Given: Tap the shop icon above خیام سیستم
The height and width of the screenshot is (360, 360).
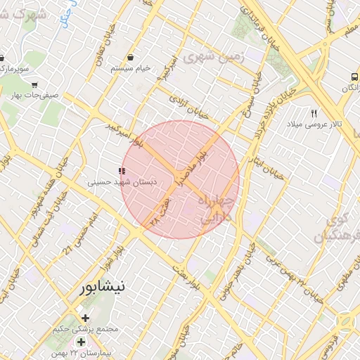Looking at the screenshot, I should tap(131, 57).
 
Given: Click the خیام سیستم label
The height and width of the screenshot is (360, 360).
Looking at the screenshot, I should tap(131, 68).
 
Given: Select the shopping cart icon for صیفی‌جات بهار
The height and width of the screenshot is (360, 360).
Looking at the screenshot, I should tap(34, 85).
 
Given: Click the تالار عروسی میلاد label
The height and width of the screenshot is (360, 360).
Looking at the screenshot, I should tap(314, 124).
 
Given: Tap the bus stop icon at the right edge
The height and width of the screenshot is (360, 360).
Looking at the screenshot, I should tap(353, 77).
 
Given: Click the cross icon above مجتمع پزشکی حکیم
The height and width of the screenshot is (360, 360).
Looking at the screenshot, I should tap(85, 318).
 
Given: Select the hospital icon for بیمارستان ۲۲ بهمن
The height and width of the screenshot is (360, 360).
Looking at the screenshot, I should tap(81, 342).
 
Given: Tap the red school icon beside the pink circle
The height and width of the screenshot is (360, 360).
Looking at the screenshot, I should tap(122, 170).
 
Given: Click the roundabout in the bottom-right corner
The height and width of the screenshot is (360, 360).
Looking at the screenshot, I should tap(347, 321).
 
